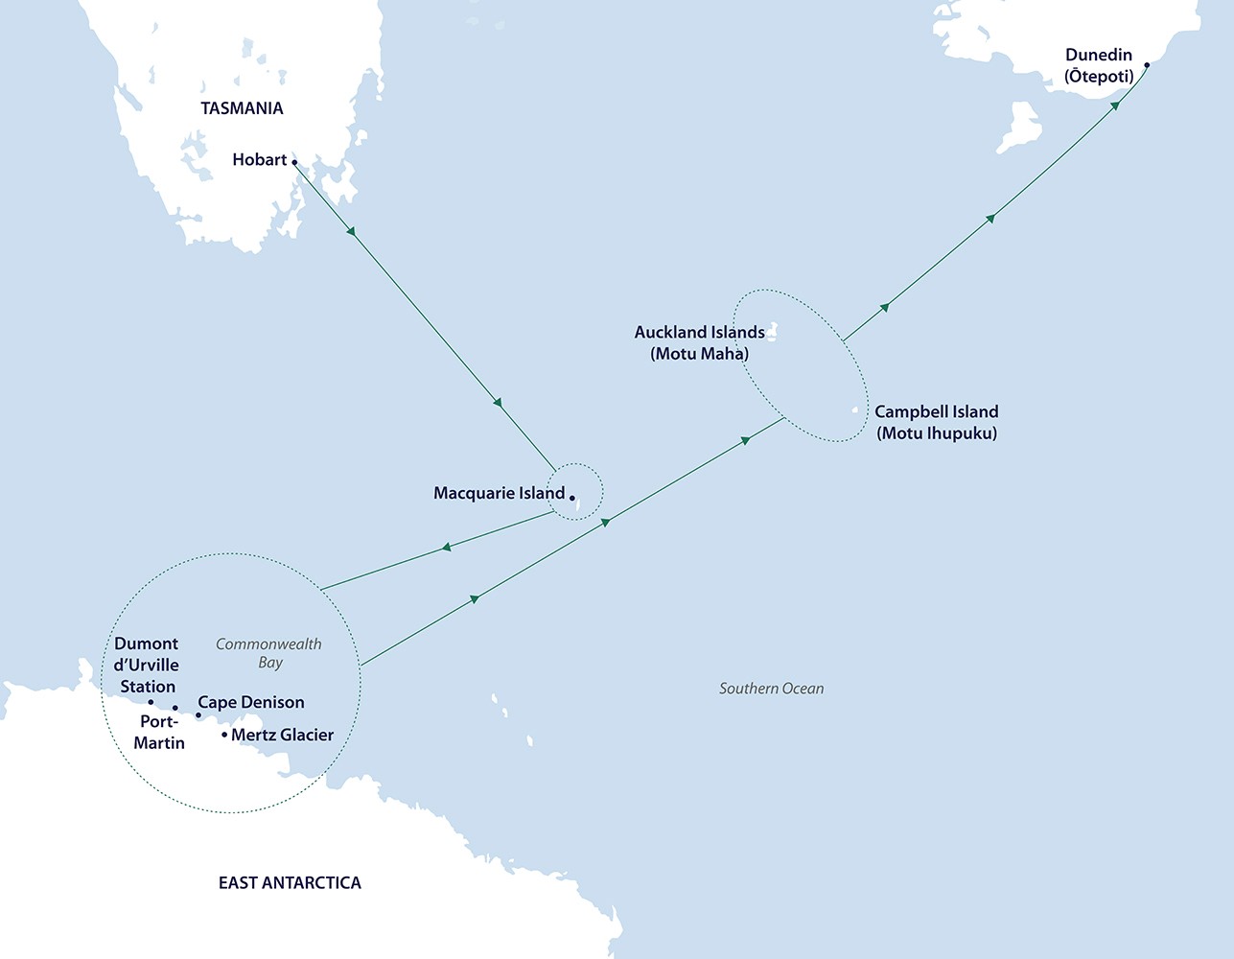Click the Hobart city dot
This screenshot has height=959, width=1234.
294,162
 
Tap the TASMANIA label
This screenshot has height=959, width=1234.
242,108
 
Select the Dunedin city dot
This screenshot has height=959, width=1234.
1147,66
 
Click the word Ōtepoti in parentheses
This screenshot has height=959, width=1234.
1099,76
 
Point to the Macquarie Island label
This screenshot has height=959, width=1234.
499,493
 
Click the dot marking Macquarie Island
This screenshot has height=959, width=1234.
571,498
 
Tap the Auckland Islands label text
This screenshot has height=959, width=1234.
699,332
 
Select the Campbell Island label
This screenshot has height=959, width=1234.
936,411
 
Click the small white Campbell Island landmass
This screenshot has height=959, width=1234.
854,411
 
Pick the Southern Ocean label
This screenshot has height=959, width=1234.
771,688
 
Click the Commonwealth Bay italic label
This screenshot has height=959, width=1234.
268,652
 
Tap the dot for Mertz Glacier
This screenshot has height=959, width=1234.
224,736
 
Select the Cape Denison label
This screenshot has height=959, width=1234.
251,702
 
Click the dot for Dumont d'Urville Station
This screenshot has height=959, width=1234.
151,702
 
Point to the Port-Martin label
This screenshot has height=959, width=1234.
159,732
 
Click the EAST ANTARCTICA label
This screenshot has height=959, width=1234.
290,882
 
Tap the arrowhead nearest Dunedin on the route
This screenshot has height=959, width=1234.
1115,106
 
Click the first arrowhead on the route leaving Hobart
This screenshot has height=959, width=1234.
352,232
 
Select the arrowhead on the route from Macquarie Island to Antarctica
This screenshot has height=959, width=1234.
446,548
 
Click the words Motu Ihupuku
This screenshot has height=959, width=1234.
937,433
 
